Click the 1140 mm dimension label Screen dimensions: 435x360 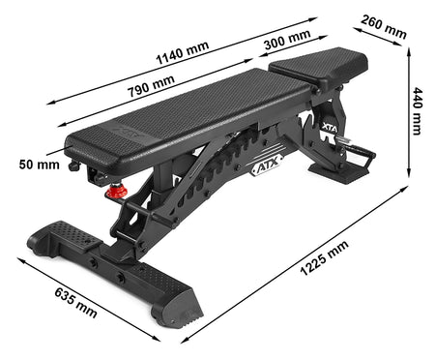(183, 53)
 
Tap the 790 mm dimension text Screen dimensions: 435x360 (151, 86)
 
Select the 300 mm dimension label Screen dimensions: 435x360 (287, 40)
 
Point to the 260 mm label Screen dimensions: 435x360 (384, 27)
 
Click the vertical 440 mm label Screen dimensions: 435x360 (418, 110)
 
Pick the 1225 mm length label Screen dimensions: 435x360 (324, 257)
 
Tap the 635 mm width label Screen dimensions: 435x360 (76, 303)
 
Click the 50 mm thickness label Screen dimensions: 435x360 (40, 165)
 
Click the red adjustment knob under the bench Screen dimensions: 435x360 (116, 191)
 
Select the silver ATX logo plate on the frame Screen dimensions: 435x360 (267, 165)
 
